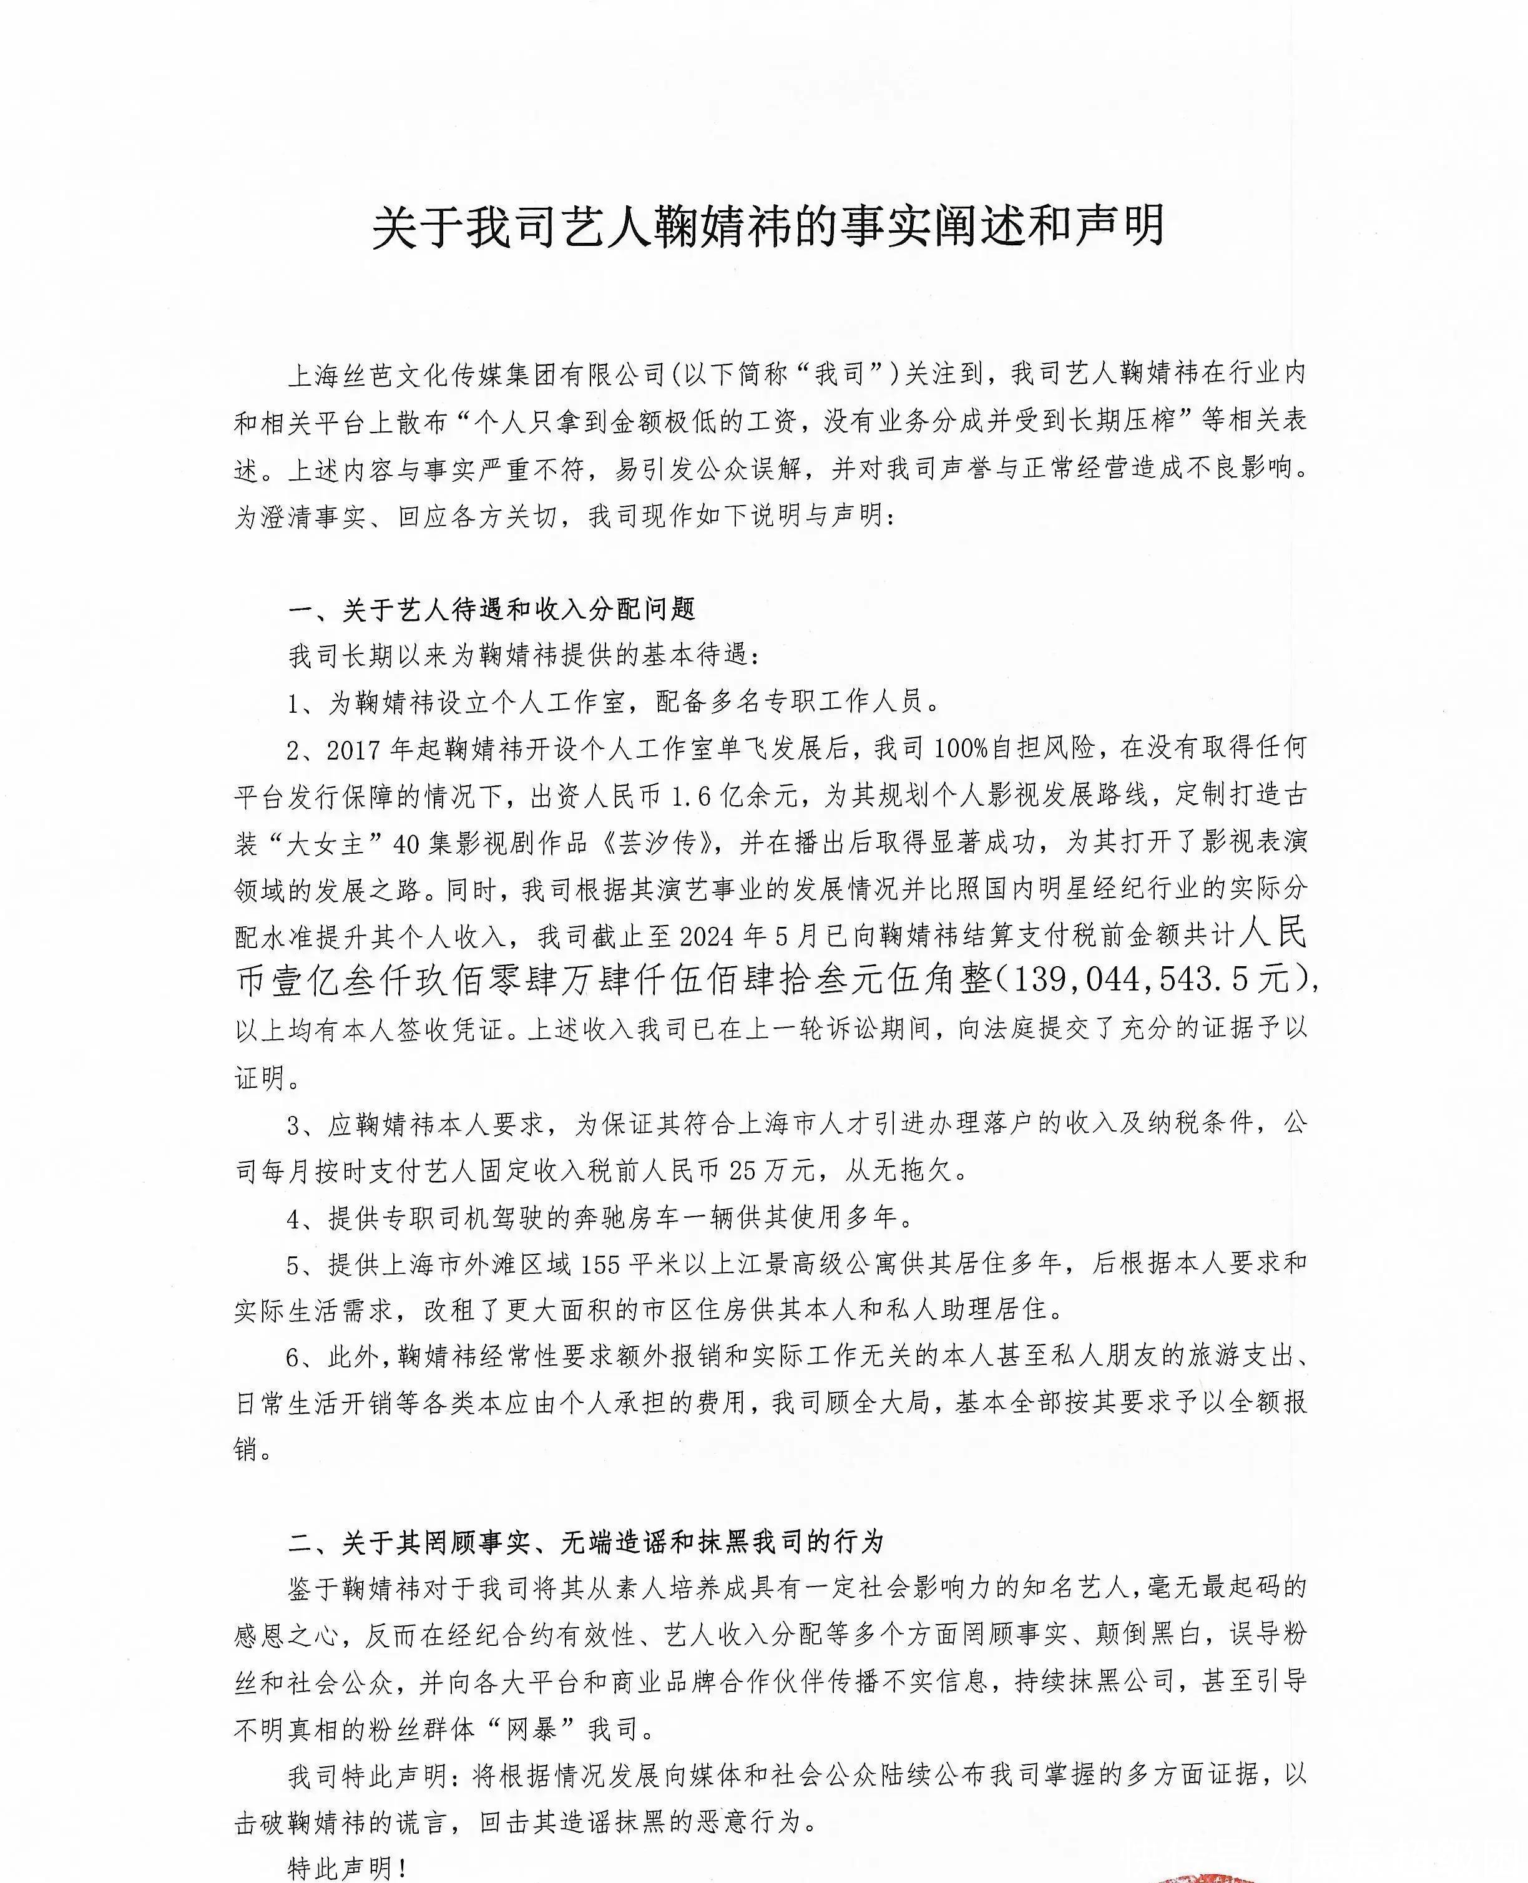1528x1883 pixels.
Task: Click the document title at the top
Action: pos(768,227)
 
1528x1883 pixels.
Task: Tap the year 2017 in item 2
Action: pos(356,749)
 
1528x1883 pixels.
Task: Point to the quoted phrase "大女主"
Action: pos(326,842)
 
